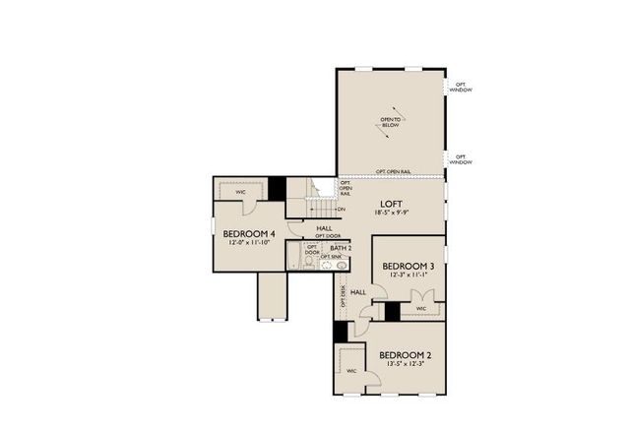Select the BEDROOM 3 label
coord(408,266)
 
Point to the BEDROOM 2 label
coord(406,354)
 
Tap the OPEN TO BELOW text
coord(392,122)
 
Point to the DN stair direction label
coord(342,210)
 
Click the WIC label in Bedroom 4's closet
coord(240,192)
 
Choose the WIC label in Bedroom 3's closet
coord(421,309)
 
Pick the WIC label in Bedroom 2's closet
coord(351,371)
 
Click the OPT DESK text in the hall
coord(343,296)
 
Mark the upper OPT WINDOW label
coord(462,88)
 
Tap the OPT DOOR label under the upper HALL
coord(328,236)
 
